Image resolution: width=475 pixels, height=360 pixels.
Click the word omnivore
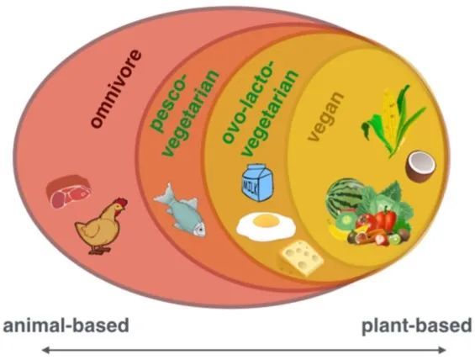click(116, 89)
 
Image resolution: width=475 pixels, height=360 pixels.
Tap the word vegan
click(325, 116)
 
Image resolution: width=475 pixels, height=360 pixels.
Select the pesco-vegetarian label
click(185, 113)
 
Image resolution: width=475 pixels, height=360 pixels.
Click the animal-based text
click(66, 326)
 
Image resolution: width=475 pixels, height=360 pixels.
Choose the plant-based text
click(417, 326)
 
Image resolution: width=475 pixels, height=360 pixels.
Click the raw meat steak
click(68, 192)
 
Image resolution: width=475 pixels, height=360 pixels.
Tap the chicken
click(101, 225)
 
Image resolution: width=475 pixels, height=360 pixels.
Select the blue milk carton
click(257, 183)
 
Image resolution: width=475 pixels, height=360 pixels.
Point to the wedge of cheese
click(302, 258)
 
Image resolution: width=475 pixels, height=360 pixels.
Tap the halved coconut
click(420, 166)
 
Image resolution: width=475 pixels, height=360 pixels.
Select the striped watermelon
click(345, 197)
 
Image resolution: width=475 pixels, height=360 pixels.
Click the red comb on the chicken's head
click(121, 201)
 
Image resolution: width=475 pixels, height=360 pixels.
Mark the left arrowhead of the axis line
click(45, 350)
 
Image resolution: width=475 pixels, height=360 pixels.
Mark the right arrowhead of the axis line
click(441, 350)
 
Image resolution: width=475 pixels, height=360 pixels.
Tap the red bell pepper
click(385, 218)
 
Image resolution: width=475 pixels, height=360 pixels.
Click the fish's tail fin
click(164, 194)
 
